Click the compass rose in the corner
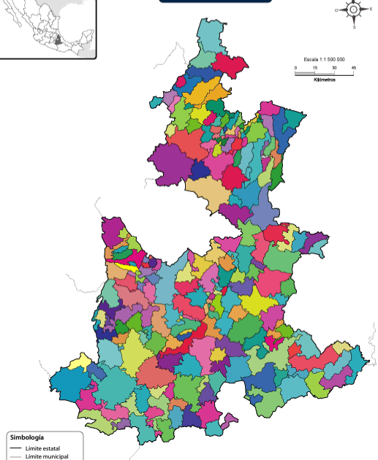click(x=354, y=10)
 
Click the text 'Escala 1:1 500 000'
click(x=324, y=59)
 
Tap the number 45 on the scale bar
click(x=354, y=67)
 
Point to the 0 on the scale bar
click(x=296, y=67)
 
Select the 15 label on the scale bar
click(x=315, y=67)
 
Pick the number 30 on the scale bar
click(x=334, y=67)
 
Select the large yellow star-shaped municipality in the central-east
click(x=257, y=301)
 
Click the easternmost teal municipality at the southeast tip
click(x=358, y=359)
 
